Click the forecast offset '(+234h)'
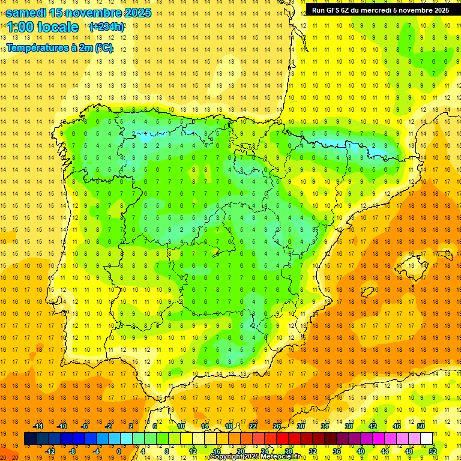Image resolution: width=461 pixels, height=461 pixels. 107,27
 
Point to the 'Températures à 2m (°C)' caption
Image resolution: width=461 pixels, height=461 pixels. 59,48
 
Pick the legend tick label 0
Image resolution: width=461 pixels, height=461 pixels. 119,451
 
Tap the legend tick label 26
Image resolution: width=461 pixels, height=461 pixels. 277,426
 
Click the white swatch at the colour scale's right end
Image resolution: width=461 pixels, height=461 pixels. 427,439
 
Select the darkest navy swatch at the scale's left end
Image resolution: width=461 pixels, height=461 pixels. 30,439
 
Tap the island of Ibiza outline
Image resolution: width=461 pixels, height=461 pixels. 367,292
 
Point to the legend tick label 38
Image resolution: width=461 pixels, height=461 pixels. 349,426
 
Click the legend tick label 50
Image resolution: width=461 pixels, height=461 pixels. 421,426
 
